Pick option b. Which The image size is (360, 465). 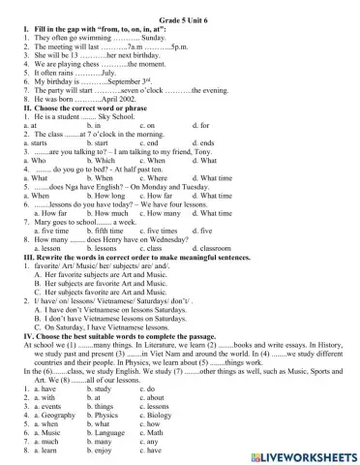click(102, 159)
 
